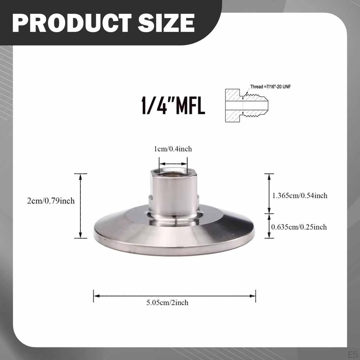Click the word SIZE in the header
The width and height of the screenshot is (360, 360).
(166, 23)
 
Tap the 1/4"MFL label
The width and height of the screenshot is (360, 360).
(173, 105)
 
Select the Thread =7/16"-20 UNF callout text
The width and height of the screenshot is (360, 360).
(270, 87)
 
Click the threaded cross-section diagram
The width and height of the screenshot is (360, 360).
(246, 105)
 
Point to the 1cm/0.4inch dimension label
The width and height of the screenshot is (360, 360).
(173, 149)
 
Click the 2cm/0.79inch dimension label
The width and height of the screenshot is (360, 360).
(51, 201)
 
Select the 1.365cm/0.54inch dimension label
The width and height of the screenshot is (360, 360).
(300, 195)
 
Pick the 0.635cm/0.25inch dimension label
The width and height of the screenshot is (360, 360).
(299, 227)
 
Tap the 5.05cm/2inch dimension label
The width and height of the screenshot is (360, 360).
(167, 303)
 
